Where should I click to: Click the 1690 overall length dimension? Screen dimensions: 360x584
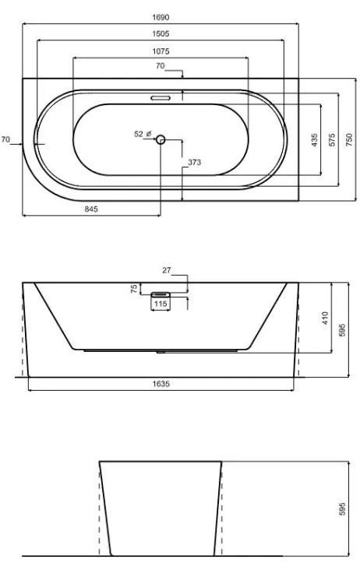click(161, 17)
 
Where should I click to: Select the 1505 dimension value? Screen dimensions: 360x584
click(161, 34)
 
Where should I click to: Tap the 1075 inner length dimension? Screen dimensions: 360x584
click(161, 51)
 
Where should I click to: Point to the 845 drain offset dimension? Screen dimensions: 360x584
click(91, 209)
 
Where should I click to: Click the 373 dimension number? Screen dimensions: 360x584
click(194, 162)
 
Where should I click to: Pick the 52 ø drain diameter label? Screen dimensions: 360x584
click(143, 133)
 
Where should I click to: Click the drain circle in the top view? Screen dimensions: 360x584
click(161, 139)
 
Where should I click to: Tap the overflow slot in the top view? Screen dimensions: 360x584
click(161, 98)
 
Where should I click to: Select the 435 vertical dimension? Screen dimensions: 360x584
click(315, 140)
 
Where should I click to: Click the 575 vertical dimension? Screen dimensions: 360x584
click(332, 140)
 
